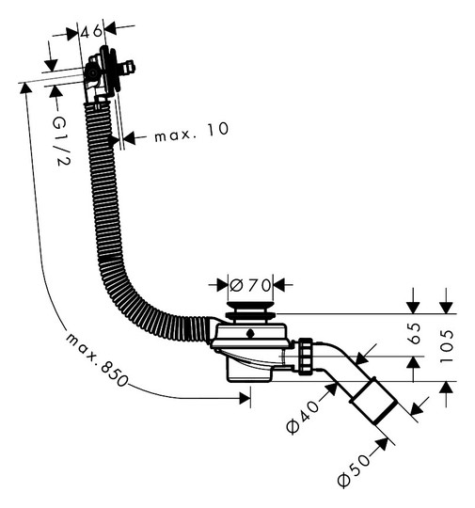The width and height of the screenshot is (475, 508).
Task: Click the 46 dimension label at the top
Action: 91,31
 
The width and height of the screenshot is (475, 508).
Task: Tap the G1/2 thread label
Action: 60,140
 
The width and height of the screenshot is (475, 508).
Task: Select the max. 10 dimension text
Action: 192,132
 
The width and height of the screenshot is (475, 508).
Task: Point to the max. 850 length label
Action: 97,359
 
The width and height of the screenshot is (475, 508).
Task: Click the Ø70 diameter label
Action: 250,285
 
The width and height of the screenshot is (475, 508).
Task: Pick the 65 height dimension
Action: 415,333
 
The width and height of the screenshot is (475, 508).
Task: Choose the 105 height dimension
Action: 448,346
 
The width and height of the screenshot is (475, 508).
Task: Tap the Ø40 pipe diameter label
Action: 303,418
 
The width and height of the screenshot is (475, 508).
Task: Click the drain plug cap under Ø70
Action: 250,310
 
